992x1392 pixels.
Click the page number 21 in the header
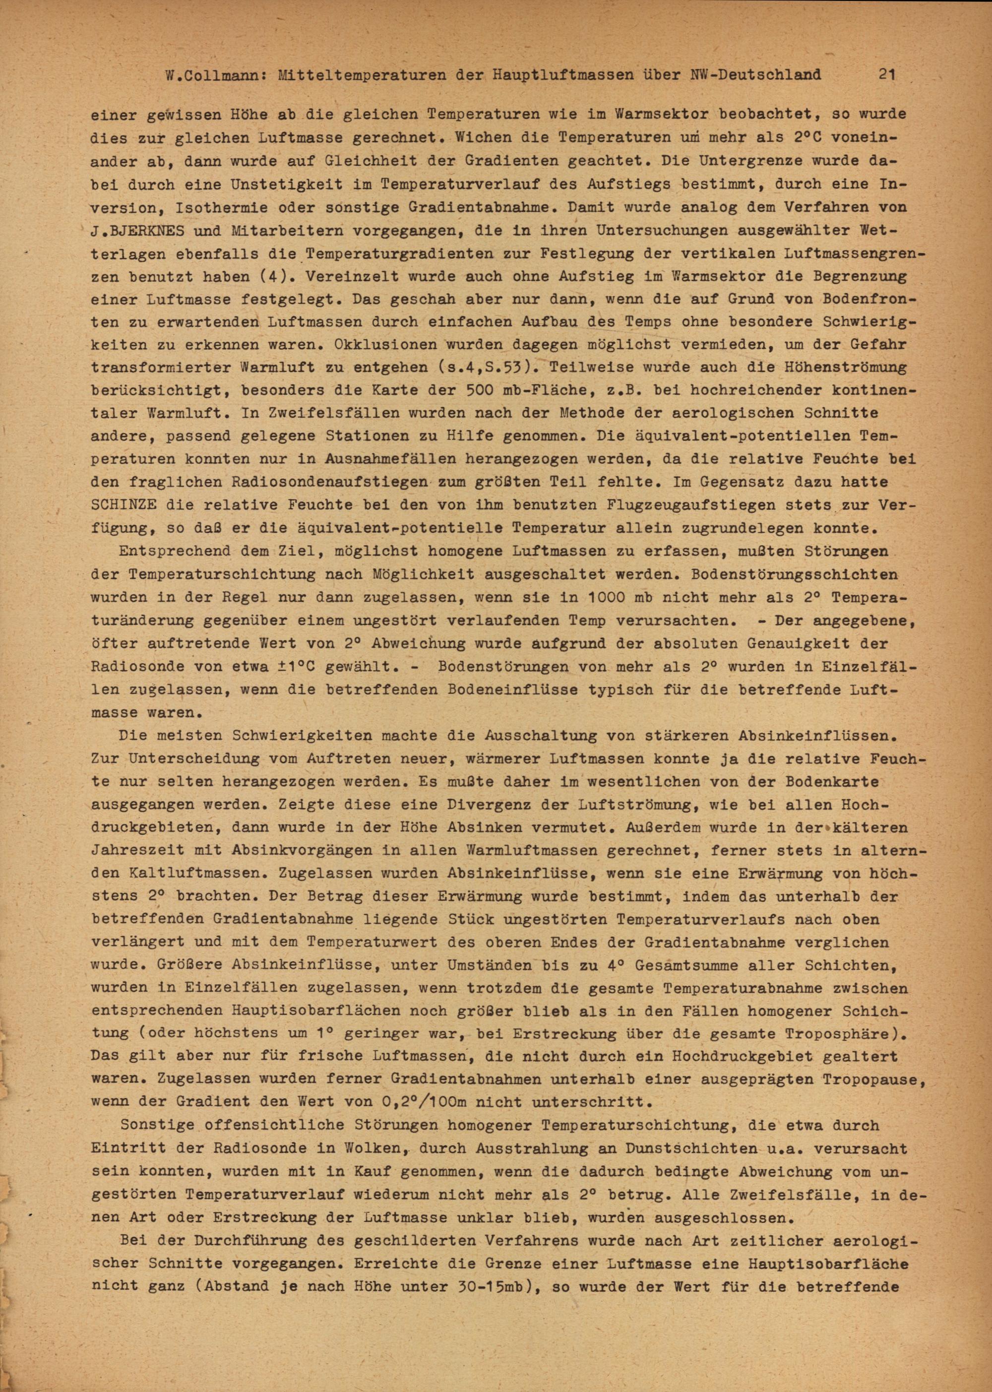887,74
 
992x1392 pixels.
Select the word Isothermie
235,207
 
